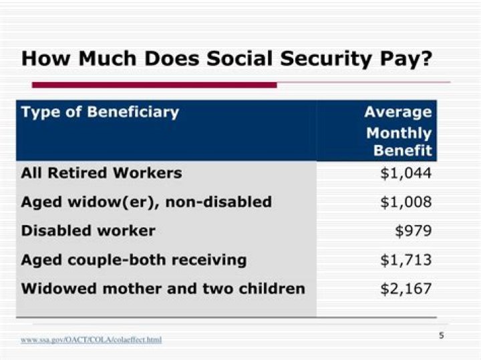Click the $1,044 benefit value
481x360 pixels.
406,173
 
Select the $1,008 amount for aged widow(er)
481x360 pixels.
406,202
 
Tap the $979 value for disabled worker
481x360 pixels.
413,231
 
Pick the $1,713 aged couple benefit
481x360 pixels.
406,260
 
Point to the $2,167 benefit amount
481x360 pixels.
406,289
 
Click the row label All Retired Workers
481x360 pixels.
102,173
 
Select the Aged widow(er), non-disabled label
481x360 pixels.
146,202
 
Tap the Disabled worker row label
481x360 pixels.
88,231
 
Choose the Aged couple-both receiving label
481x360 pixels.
134,260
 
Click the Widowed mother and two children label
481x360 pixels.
163,289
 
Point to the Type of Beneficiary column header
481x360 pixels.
100,112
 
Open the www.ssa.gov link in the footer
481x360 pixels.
91,340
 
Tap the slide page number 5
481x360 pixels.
442,336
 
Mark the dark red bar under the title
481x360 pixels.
154,85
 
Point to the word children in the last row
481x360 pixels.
273,289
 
